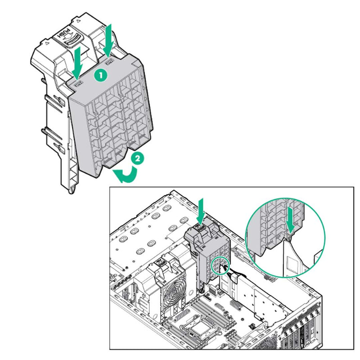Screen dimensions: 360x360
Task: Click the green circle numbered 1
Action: coord(100,76)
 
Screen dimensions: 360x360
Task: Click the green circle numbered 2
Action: coord(138,158)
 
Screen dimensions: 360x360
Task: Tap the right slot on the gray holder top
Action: coord(109,60)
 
